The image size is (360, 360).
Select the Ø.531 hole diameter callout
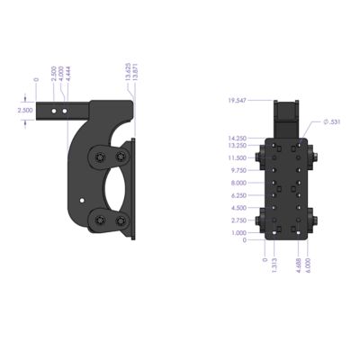point(331,121)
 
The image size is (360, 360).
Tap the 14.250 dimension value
point(238,138)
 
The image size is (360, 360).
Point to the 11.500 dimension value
point(238,157)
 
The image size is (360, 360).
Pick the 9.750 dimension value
point(238,170)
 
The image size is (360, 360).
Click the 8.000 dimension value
point(238,184)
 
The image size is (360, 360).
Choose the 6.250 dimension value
point(238,196)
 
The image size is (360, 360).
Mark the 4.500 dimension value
point(238,209)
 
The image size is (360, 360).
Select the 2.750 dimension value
point(238,220)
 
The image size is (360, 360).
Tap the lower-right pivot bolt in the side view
point(119,221)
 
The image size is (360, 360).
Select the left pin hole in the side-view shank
point(55,109)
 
